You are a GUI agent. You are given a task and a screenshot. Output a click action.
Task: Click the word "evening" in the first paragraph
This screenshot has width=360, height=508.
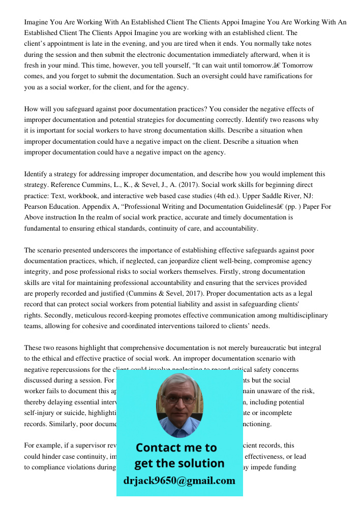point(146,44)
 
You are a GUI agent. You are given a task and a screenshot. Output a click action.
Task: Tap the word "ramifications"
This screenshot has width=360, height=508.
point(278,76)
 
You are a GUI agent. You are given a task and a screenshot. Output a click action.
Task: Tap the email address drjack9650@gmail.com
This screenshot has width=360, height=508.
point(179,481)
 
